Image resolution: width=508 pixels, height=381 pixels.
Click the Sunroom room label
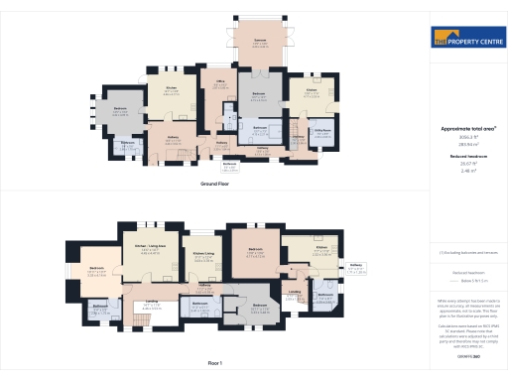point(259,41)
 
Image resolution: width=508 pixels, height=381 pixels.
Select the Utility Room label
point(321,130)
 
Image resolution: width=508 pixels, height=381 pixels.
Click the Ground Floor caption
point(214,184)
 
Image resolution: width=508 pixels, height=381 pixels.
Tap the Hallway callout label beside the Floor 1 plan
point(355,265)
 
